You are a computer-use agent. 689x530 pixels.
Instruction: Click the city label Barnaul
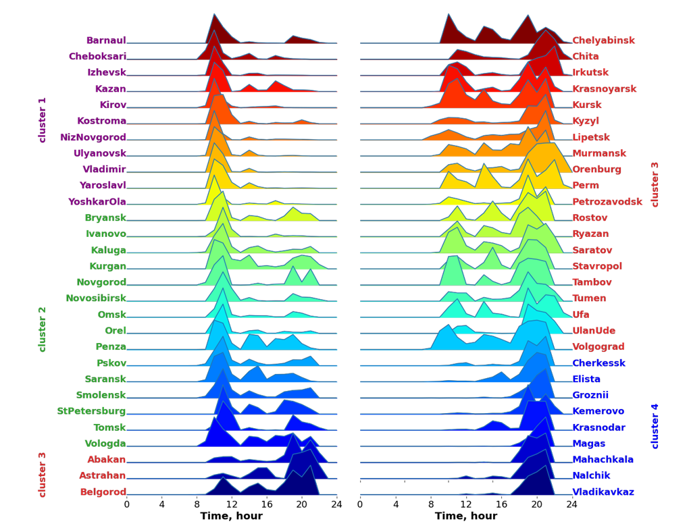pyautogui.click(x=106, y=41)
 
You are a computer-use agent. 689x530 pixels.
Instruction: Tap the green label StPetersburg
pyautogui.click(x=91, y=411)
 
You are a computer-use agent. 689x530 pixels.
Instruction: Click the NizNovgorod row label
pyautogui.click(x=93, y=138)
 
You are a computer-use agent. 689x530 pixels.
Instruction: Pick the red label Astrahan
pyautogui.click(x=103, y=476)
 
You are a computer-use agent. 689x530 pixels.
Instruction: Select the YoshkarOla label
pyautogui.click(x=97, y=202)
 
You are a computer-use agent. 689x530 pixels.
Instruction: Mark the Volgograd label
pyautogui.click(x=598, y=347)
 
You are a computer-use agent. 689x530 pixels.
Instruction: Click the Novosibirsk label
pyautogui.click(x=96, y=298)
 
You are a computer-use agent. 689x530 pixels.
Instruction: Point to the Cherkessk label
pyautogui.click(x=598, y=363)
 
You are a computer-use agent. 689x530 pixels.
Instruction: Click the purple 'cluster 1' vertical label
pyautogui.click(x=43, y=120)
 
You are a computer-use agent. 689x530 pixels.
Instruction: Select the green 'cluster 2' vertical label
pyautogui.click(x=43, y=329)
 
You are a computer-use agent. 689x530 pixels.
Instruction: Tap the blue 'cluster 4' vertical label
pyautogui.click(x=655, y=426)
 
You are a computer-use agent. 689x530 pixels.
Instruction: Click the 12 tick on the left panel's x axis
pyautogui.click(x=232, y=504)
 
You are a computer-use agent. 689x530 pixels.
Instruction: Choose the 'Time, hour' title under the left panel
pyautogui.click(x=232, y=516)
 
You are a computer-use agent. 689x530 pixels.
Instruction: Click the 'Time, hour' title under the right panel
pyautogui.click(x=466, y=516)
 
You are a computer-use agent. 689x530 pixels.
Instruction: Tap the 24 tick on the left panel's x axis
pyautogui.click(x=336, y=504)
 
